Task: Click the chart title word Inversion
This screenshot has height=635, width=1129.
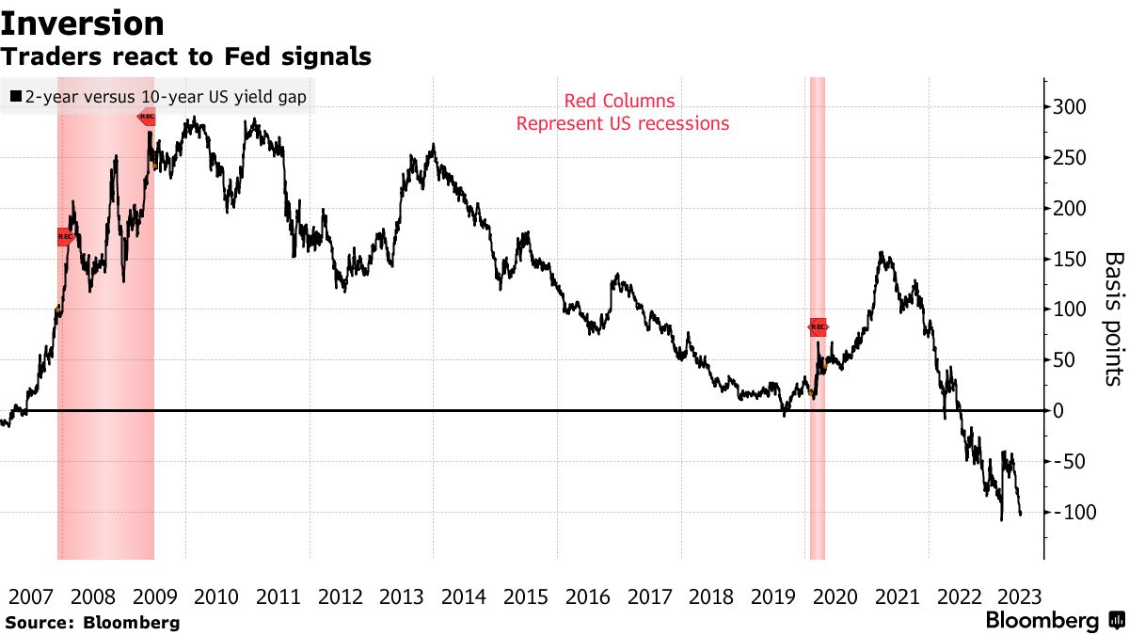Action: [x=83, y=23]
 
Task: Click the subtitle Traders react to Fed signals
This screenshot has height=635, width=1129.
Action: [x=185, y=57]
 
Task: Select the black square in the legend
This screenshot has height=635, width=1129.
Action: [x=15, y=96]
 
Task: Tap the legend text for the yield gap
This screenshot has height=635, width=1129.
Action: [x=166, y=96]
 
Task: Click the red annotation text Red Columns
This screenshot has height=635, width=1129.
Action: [x=619, y=102]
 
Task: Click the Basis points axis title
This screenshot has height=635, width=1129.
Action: [x=1113, y=318]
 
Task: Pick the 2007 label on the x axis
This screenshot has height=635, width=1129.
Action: [x=31, y=596]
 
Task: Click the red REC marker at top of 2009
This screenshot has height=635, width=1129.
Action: [x=148, y=118]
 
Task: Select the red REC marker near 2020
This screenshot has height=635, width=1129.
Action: [x=818, y=327]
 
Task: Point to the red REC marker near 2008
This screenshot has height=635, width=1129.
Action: [x=65, y=237]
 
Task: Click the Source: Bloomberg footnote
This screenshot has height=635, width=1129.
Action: [x=91, y=623]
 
